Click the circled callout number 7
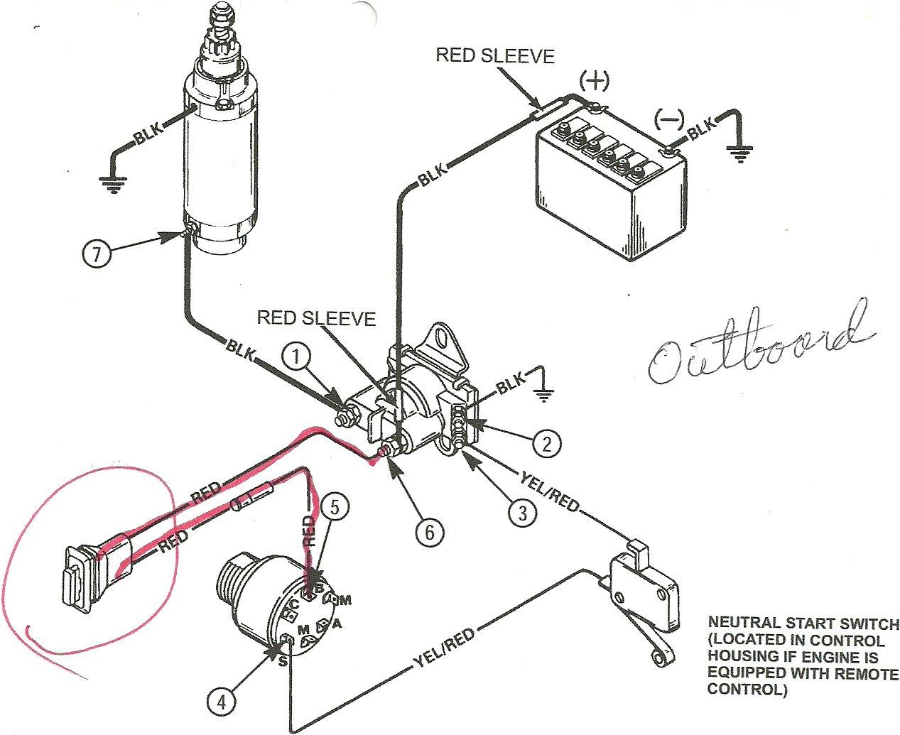(x=97, y=254)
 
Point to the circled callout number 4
(x=222, y=703)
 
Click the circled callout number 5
(x=336, y=506)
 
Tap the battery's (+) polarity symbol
(x=595, y=82)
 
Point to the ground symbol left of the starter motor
(x=111, y=185)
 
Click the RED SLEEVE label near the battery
(x=495, y=55)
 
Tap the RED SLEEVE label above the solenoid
(x=316, y=317)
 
